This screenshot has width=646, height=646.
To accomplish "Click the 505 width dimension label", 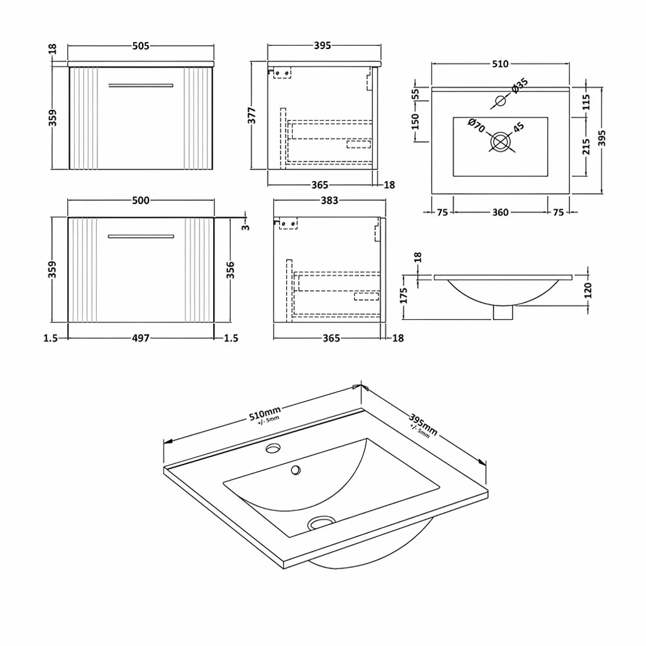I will pyautogui.click(x=141, y=46).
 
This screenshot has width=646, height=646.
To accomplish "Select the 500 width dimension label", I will pyautogui.click(x=141, y=201).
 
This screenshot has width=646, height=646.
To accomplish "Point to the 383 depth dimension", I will pyautogui.click(x=329, y=201).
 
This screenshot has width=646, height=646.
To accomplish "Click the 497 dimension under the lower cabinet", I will pyautogui.click(x=141, y=337).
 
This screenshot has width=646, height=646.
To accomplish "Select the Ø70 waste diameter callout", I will pyautogui.click(x=477, y=125).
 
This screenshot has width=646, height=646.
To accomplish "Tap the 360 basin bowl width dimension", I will pyautogui.click(x=501, y=212).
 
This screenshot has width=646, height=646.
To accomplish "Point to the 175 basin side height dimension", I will pyautogui.click(x=404, y=297).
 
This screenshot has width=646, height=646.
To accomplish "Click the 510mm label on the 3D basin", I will pyautogui.click(x=266, y=414).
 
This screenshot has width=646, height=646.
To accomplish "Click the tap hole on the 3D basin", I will pyautogui.click(x=273, y=448).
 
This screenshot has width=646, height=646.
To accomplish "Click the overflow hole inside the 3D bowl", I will pyautogui.click(x=297, y=470).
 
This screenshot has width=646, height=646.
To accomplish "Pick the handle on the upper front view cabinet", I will pyautogui.click(x=141, y=85).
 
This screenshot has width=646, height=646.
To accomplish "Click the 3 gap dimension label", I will pyautogui.click(x=245, y=226).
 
